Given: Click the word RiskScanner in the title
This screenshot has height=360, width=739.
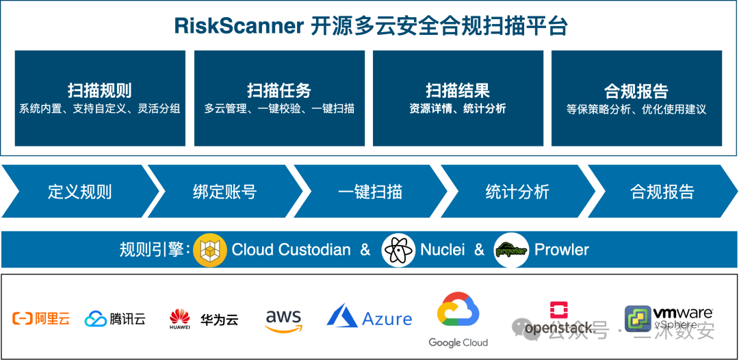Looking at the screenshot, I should (x=239, y=26).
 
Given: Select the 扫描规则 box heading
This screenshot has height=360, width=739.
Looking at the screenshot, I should (x=100, y=90).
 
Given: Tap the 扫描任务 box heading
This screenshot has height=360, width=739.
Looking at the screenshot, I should (x=279, y=90).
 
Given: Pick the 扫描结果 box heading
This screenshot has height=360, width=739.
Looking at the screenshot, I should (x=458, y=90).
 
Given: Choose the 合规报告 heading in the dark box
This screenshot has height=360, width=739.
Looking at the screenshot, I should (x=636, y=91).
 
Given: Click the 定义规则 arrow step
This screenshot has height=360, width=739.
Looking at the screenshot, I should (x=80, y=192).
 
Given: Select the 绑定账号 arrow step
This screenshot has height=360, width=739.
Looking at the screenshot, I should (x=224, y=192).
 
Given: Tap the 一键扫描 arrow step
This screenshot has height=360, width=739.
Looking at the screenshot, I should (x=370, y=192).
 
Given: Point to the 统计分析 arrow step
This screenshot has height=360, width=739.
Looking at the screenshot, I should (x=517, y=192).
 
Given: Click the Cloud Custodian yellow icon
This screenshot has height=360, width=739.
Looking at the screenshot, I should (x=210, y=250).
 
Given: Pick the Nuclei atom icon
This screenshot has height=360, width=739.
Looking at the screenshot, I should (x=398, y=250).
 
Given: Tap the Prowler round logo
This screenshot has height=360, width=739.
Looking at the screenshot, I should (x=510, y=250).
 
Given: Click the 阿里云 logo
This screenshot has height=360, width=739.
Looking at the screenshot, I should (x=41, y=318).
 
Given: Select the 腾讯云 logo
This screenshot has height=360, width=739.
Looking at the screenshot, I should (x=115, y=318).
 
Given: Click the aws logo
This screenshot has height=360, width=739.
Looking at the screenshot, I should (x=283, y=320).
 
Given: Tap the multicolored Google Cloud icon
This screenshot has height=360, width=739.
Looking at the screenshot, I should (x=458, y=311).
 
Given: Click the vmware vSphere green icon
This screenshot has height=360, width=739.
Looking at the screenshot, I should (x=638, y=318).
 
